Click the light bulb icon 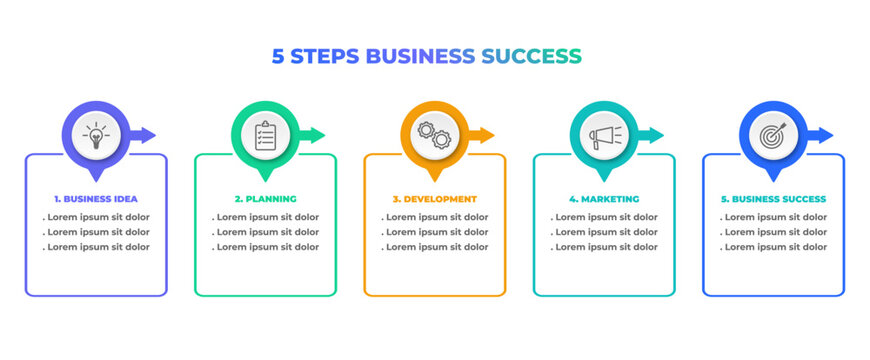coord(96,135)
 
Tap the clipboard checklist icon coord(265,135)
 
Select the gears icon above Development coord(435,135)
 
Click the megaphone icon coord(604,135)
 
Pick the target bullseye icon coord(773,135)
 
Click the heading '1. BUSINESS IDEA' coord(96,199)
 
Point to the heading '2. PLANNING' coord(265,199)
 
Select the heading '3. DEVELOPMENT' coord(434,199)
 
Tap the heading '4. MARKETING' coord(604,199)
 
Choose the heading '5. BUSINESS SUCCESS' coord(773,199)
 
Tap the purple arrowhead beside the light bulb coord(148,135)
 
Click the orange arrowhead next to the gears coord(487,135)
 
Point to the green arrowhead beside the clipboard coord(318,135)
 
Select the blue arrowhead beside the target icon coord(826,135)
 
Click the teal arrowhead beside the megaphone coord(656,135)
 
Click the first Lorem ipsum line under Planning coord(265,217)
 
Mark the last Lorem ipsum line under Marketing coord(604,247)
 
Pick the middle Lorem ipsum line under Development coord(434,232)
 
